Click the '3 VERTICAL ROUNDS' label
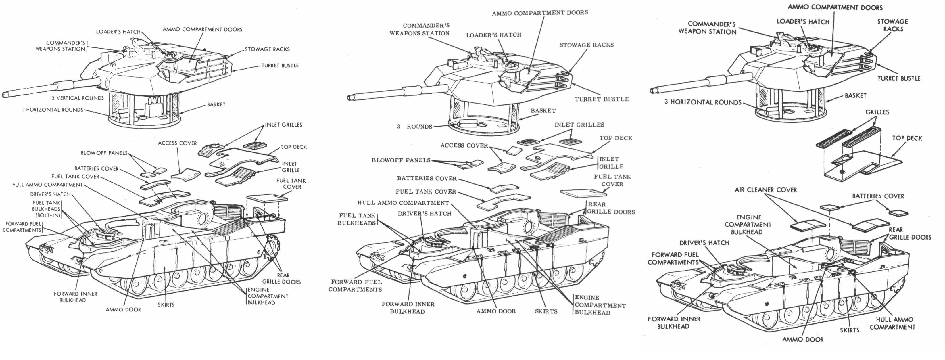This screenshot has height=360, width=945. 78,98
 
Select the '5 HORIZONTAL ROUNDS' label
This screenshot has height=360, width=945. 53,110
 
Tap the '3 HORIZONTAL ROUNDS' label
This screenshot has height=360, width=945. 703,102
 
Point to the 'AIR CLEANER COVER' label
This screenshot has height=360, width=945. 766,190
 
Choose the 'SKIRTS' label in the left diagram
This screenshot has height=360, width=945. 166,305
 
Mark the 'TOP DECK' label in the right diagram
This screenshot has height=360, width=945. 907,138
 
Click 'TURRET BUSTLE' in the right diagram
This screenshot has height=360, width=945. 899,78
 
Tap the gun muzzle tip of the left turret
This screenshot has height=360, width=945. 4,95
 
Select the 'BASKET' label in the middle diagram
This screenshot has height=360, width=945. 543,110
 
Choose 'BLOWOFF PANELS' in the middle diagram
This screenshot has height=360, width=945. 401,160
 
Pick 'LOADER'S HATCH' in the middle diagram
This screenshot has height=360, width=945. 493,35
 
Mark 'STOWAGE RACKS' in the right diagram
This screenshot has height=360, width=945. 892,25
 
